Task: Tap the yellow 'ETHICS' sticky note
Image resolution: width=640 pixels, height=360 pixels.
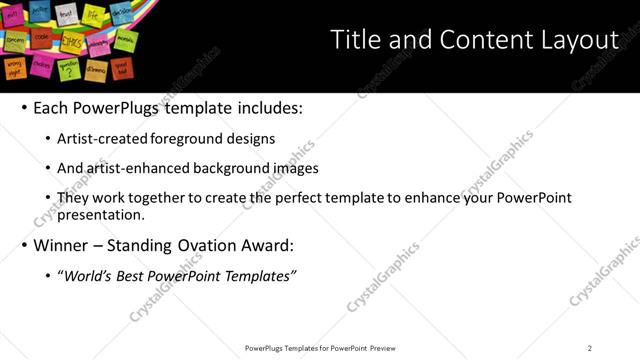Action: pos(73,43)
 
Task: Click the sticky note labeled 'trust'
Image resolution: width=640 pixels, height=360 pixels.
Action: pos(67,14)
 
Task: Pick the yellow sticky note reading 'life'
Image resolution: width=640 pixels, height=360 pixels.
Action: pos(94,13)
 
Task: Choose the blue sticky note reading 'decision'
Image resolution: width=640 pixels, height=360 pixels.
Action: pos(121,14)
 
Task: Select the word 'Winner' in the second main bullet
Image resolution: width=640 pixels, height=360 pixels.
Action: pos(60,245)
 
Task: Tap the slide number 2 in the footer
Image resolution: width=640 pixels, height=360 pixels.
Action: pos(589,347)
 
